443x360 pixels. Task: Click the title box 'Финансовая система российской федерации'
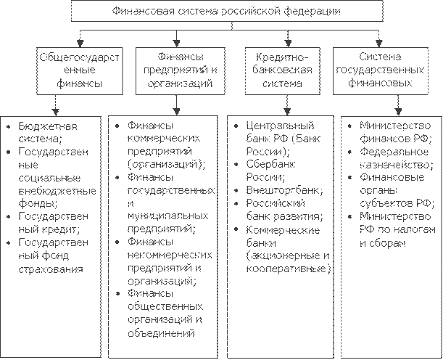pos(223,12)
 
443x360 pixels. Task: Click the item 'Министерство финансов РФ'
pos(395,133)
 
